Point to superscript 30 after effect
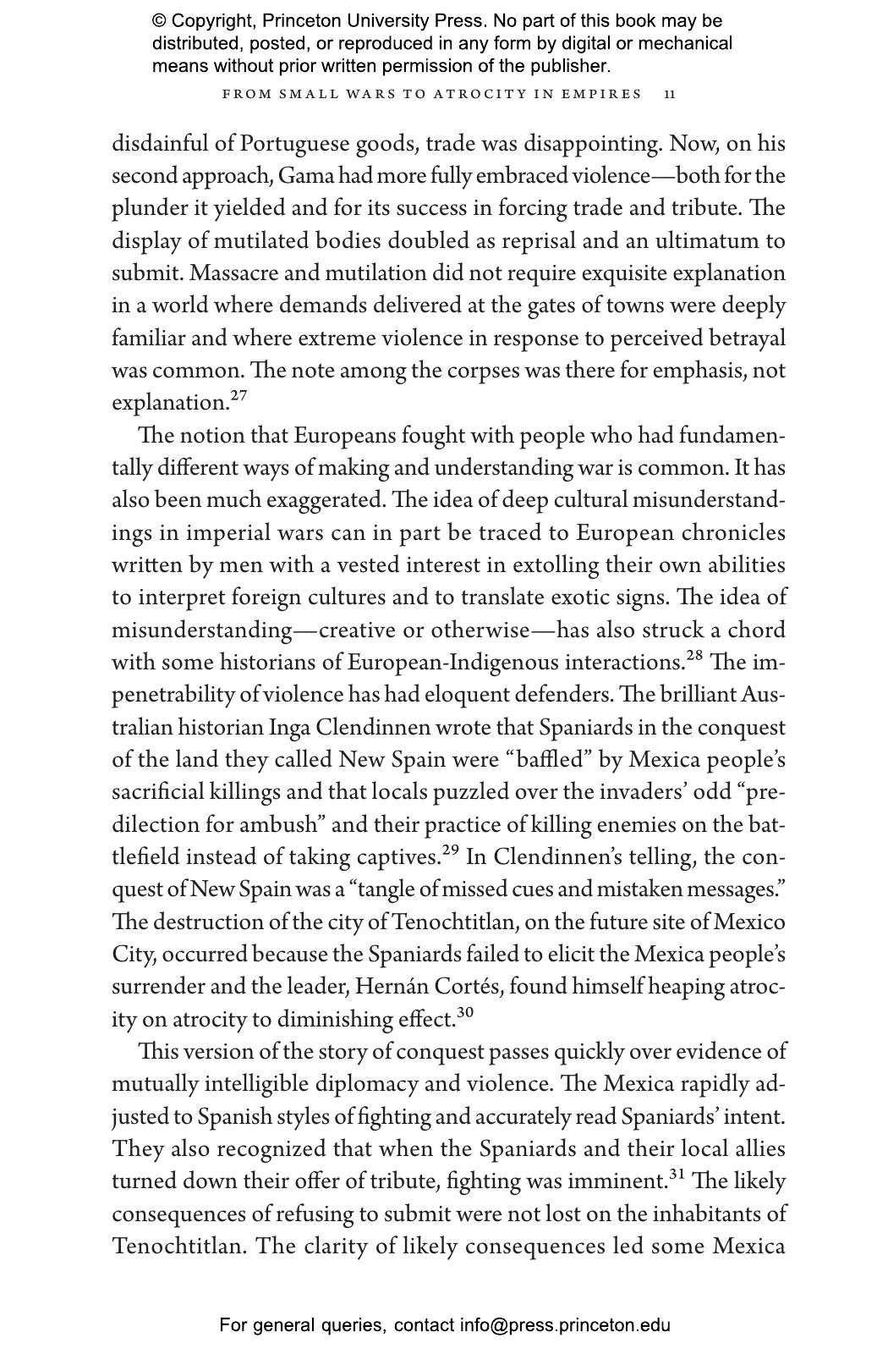point(465,1012)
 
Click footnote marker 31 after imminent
point(677,1175)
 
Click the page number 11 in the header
point(670,94)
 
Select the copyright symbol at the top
point(160,21)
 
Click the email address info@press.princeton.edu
point(565,1325)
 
